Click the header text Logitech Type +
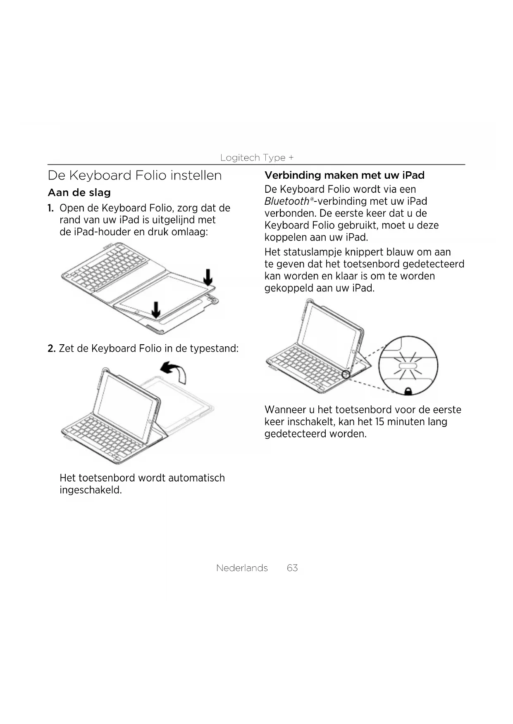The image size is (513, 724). (x=257, y=158)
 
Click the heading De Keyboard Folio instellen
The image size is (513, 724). (x=135, y=175)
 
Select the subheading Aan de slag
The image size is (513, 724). (x=79, y=193)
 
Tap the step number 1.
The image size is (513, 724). (x=50, y=208)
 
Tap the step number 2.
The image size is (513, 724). (x=51, y=349)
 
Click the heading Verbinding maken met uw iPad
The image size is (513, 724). (x=344, y=175)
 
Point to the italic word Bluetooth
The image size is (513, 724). (x=286, y=201)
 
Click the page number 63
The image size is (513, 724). (x=292, y=568)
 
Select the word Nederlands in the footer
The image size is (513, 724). (x=242, y=568)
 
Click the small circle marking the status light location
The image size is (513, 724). (x=346, y=374)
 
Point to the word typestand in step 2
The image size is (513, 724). (x=214, y=349)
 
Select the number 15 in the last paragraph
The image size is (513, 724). (x=380, y=422)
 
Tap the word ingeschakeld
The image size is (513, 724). (x=91, y=490)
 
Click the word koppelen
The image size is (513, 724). (x=283, y=238)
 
